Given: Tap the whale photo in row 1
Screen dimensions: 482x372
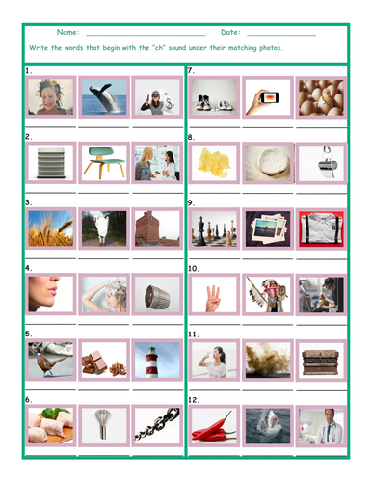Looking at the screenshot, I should click(x=103, y=98).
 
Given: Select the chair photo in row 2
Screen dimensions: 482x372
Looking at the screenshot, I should click(x=103, y=164).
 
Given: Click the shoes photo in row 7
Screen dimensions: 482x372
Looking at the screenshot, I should click(x=213, y=98).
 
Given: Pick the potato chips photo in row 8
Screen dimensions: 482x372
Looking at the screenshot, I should click(x=213, y=164).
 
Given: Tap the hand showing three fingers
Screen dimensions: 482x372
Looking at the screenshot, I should click(x=213, y=294).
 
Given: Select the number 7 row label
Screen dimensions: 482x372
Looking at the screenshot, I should click(x=191, y=71).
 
